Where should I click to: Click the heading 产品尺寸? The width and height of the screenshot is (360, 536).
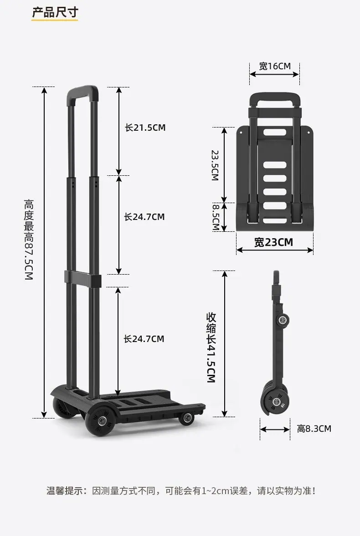click(55, 12)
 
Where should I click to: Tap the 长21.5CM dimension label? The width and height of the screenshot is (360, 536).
click(145, 128)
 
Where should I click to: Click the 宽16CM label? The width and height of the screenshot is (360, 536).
click(274, 66)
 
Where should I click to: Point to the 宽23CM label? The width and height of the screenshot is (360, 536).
click(273, 242)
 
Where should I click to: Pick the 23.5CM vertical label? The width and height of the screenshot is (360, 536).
click(215, 165)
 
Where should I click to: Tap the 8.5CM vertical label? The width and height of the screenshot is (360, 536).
click(216, 217)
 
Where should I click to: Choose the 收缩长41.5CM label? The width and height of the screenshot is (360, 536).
click(211, 347)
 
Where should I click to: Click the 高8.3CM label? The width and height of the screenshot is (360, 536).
click(314, 429)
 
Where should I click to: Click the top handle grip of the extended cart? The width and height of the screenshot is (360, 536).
click(83, 93)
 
